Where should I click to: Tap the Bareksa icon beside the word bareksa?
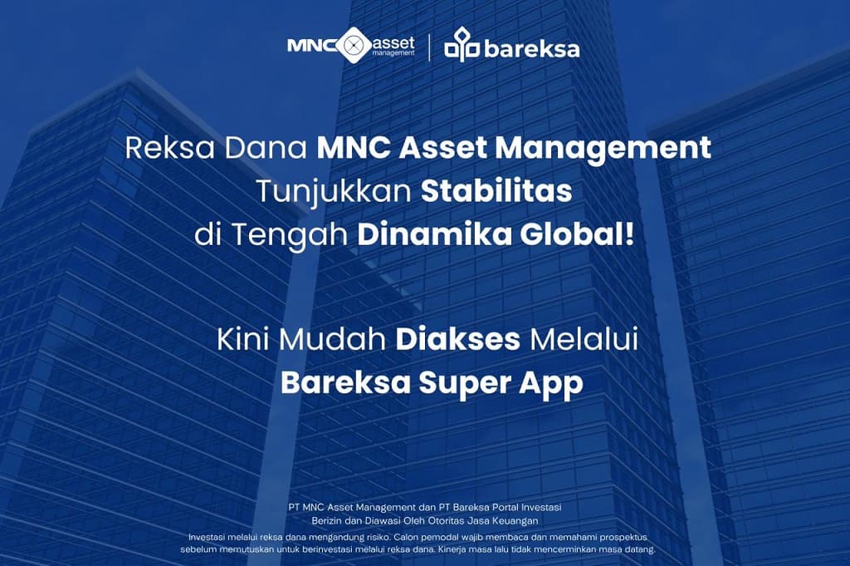pyautogui.click(x=462, y=46)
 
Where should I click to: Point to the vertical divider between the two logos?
pyautogui.click(x=429, y=47)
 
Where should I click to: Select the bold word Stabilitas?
pyautogui.click(x=496, y=190)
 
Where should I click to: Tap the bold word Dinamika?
pyautogui.click(x=425, y=234)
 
